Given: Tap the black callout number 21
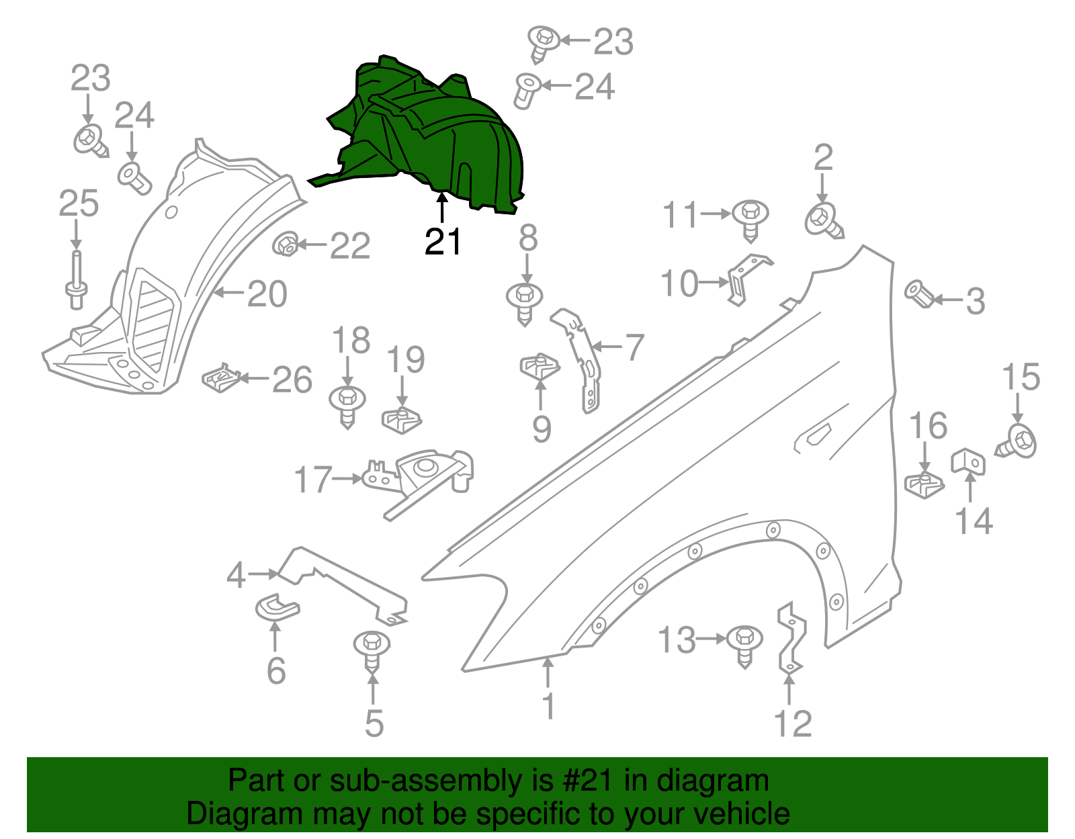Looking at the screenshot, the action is tap(443, 242).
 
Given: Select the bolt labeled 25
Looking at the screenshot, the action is tap(76, 282).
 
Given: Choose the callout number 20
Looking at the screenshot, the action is tap(267, 294).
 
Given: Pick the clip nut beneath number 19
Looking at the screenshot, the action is tap(402, 420).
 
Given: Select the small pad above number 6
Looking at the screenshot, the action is tap(277, 607).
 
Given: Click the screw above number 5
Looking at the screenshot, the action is tap(372, 649).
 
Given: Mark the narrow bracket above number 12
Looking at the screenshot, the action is tap(791, 638).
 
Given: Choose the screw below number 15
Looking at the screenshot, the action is tap(1017, 443).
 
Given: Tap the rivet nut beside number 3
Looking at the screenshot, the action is tap(918, 294).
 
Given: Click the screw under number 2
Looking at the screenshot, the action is tap(824, 221).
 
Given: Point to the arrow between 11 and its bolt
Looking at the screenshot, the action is tap(716, 214).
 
